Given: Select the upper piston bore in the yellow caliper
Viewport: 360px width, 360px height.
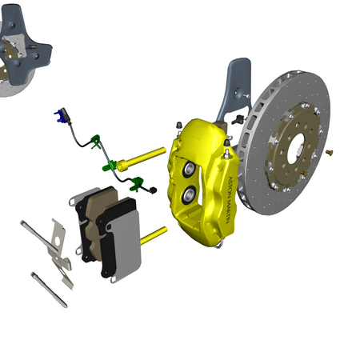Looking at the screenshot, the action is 189,169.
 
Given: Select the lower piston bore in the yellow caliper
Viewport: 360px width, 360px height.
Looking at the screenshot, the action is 189,194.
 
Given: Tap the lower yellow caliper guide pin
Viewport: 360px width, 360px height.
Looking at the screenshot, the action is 153,236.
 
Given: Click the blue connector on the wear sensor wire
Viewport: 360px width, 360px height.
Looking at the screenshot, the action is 59,117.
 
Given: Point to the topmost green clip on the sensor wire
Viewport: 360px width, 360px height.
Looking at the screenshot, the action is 95,142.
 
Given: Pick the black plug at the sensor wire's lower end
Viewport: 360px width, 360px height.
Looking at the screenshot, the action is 153,190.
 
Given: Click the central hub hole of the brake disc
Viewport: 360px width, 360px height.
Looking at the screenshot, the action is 297,147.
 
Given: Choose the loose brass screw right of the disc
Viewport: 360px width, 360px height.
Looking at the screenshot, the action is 329,153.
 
